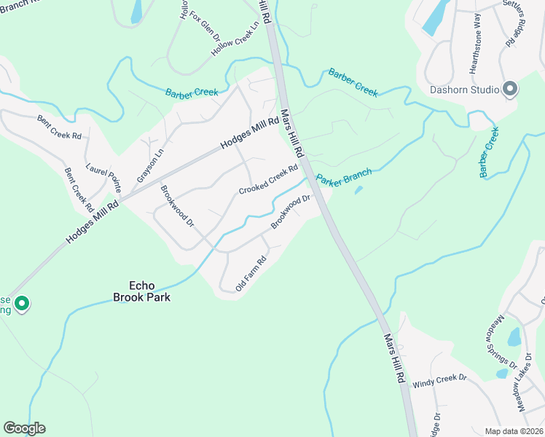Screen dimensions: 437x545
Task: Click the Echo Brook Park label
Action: click(141, 291)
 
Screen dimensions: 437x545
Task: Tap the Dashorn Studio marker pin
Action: click(510, 90)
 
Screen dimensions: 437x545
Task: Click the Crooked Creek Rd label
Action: click(269, 180)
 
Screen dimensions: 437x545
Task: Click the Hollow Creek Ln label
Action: click(235, 39)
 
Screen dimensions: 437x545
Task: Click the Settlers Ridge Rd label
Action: click(519, 25)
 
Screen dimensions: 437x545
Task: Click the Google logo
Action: click(24, 428)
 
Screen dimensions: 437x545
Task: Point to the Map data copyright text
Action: click(514, 431)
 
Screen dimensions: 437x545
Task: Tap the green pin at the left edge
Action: click(22, 303)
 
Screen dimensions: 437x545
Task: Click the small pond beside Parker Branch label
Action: click(358, 191)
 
